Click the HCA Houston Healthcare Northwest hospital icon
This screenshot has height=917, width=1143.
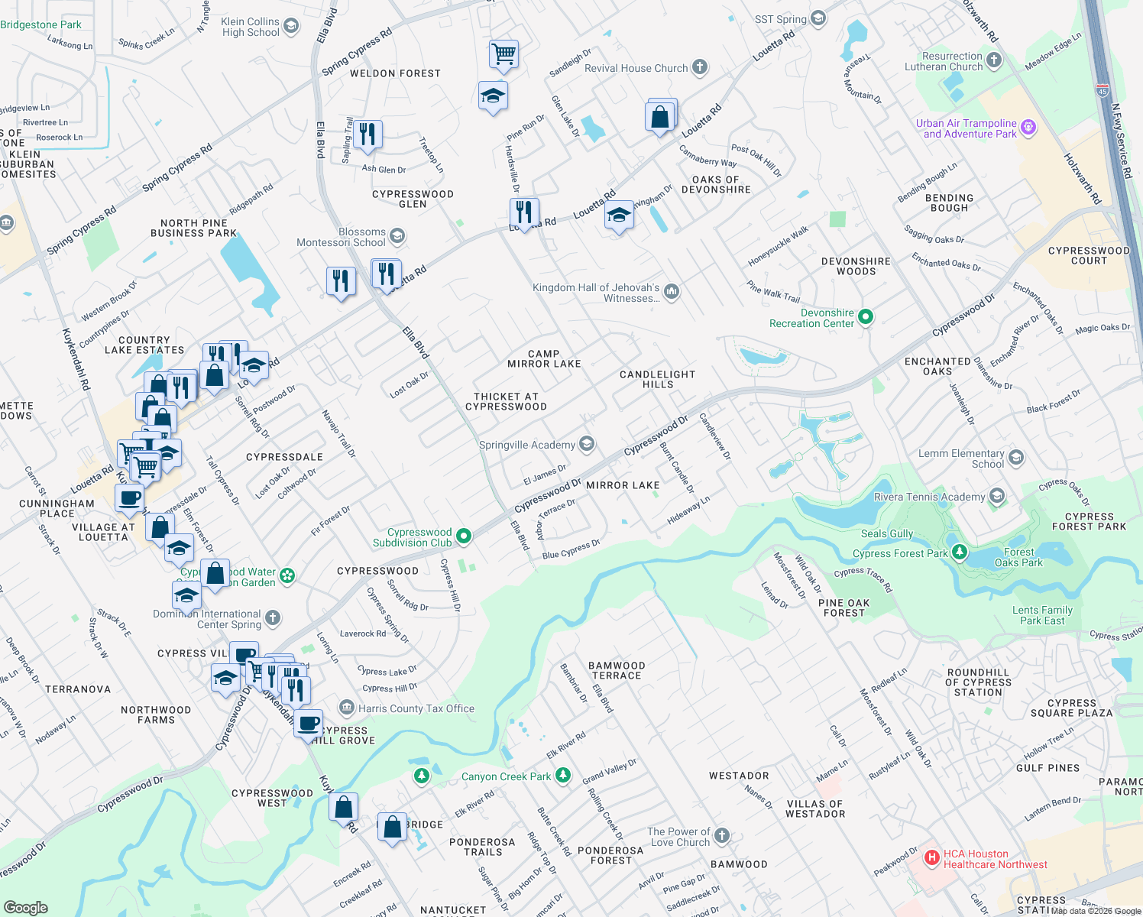(931, 858)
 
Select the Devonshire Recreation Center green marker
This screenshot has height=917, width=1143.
(866, 316)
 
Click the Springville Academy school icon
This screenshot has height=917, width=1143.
(587, 444)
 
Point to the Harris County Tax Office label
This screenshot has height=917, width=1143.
(416, 708)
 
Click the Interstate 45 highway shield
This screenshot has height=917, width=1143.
(1103, 89)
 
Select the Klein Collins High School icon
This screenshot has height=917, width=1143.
(291, 27)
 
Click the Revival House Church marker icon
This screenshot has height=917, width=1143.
(700, 67)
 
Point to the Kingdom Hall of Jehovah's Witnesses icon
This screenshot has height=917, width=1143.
(672, 291)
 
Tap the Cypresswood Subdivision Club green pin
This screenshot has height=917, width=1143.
(464, 537)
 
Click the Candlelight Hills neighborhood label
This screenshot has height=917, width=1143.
(657, 379)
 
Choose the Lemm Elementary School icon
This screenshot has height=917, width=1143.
(1016, 458)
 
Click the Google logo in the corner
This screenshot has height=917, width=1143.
(26, 907)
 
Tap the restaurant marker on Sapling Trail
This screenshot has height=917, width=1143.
(368, 134)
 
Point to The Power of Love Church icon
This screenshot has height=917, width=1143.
(722, 836)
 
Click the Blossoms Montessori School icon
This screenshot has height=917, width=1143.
(397, 236)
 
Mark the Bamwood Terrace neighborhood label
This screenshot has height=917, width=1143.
(617, 670)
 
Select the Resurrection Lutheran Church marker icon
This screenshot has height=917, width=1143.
(994, 60)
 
